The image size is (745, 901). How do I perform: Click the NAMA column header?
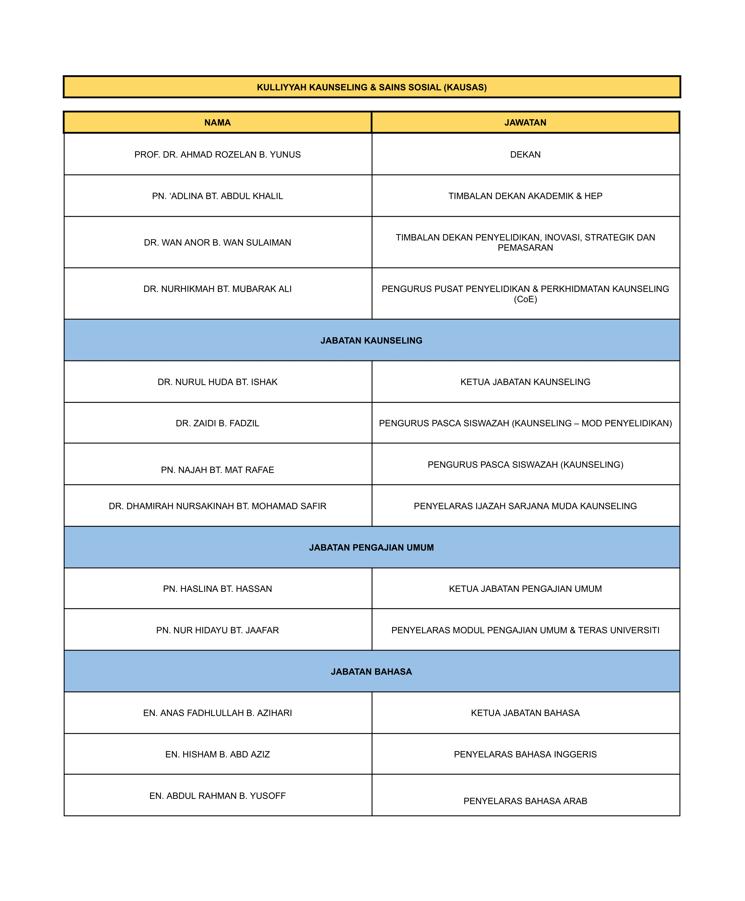pos(218,123)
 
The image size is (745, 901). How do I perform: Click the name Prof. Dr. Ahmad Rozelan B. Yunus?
pos(218,155)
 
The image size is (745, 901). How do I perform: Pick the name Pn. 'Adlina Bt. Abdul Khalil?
pos(218,196)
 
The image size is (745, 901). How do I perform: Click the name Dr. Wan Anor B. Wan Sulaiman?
pos(218,243)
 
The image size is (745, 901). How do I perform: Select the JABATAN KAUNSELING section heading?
pos(371,340)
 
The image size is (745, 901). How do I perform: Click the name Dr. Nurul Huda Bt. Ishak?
pos(218,382)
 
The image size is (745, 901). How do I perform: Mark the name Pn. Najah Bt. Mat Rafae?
pos(218,470)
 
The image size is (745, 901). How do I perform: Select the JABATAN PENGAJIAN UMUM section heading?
pos(371,548)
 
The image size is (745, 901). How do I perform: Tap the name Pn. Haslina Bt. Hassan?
pos(218,589)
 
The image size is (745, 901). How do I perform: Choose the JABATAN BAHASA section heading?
pos(371,672)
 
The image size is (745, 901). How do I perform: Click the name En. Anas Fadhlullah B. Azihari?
pos(218,713)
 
